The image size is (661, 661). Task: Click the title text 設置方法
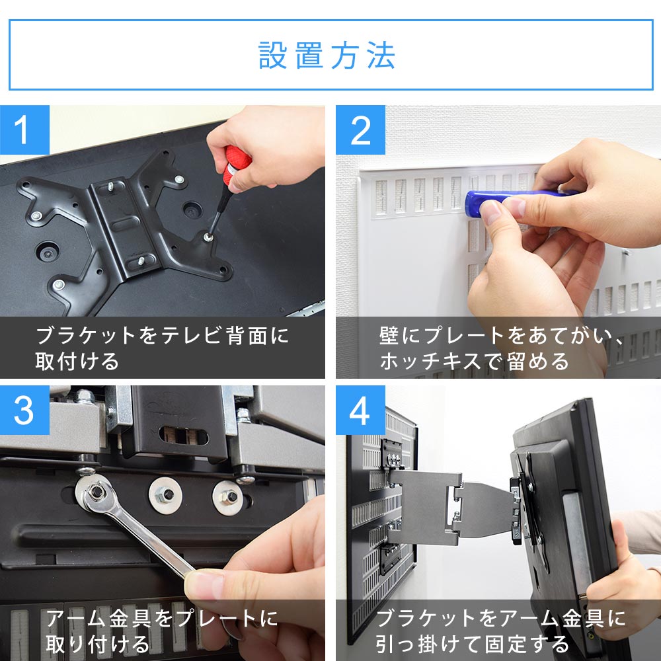(327, 56)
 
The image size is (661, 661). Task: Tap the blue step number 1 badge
(24, 130)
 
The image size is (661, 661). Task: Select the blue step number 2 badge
(360, 130)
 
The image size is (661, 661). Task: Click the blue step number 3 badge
(24, 410)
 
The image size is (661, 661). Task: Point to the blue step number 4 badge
(360, 410)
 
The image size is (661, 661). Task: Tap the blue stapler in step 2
(518, 202)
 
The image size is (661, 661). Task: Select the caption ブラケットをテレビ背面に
(163, 336)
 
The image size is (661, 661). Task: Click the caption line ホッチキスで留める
(474, 362)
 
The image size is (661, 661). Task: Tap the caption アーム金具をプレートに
(163, 619)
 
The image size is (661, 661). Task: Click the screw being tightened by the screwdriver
(208, 237)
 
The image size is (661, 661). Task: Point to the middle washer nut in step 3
(165, 495)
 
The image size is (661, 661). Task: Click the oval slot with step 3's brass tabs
(184, 436)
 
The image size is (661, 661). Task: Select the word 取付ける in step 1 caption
(77, 362)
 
